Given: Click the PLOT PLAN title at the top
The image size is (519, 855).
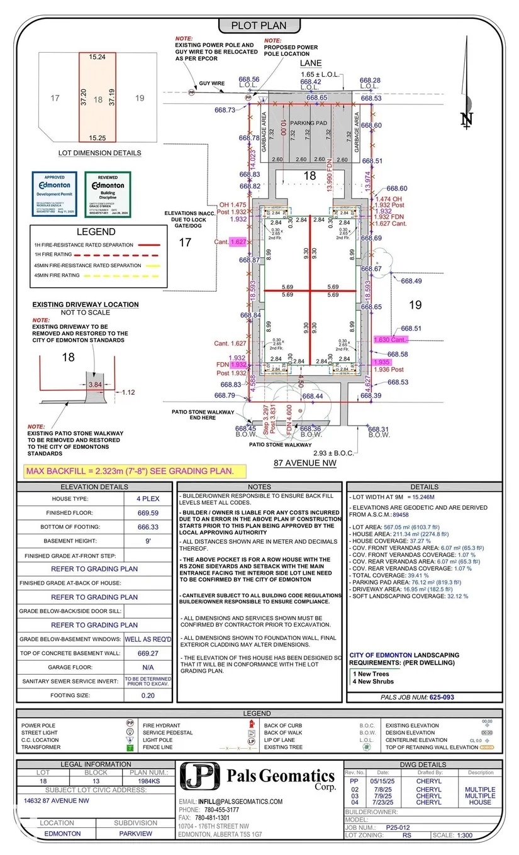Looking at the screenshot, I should [259, 26].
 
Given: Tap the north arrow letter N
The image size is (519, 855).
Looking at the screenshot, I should [465, 118].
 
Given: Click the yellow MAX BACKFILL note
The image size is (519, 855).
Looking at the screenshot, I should [130, 471].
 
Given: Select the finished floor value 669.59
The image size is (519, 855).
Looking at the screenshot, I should [148, 513].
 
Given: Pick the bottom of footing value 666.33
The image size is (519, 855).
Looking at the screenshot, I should [148, 527].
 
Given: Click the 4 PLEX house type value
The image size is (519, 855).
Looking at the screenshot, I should [148, 499].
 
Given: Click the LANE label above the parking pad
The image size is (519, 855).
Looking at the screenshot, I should [311, 63].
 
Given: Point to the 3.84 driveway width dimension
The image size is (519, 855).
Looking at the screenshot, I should [96, 384].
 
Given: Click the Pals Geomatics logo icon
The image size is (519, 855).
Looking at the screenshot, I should [199, 777].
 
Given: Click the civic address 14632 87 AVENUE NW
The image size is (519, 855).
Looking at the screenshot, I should [57, 801].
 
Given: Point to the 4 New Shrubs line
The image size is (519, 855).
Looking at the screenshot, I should [374, 681].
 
